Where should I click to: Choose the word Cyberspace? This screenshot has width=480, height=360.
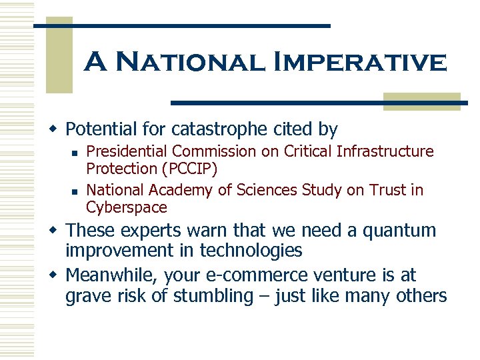(127, 207)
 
